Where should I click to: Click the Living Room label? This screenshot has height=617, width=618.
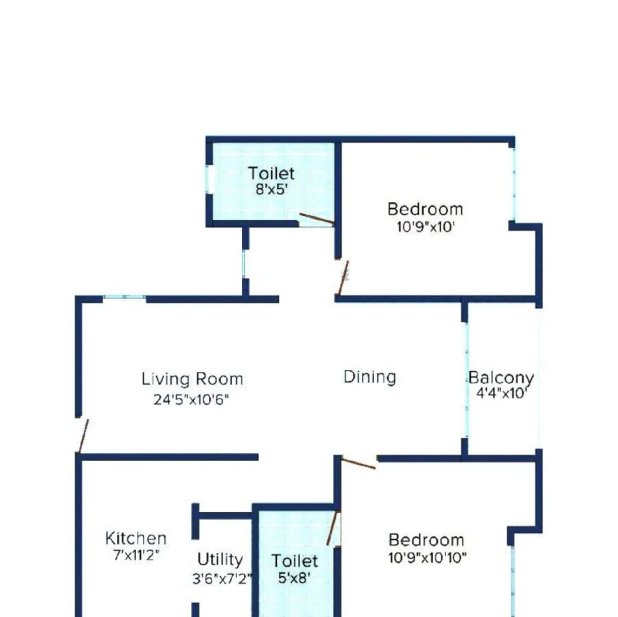coord(192,378)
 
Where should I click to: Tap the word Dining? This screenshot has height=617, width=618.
coord(370,376)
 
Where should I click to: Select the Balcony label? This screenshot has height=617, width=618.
coord(501,378)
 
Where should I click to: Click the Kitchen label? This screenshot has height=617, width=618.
coord(136,539)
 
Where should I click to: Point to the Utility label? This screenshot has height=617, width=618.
coord(220,559)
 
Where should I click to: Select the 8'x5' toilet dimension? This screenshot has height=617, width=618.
coord(271,189)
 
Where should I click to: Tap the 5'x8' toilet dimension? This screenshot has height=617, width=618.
coord(294,578)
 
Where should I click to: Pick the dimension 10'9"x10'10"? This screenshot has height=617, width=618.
coord(427,557)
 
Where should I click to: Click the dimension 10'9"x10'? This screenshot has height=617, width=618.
coord(425,227)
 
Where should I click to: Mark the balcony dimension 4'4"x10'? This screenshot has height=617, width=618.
coord(502,394)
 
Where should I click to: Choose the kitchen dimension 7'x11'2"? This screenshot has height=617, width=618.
coord(136,555)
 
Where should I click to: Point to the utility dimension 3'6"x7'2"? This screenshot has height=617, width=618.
coord(222,578)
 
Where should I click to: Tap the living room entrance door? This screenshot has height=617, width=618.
coord(83,436)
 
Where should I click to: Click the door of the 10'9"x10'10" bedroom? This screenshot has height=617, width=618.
coord(358,463)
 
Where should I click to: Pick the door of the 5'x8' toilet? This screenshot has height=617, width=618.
coord(333,528)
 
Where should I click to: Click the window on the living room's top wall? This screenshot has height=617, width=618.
coord(124,298)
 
